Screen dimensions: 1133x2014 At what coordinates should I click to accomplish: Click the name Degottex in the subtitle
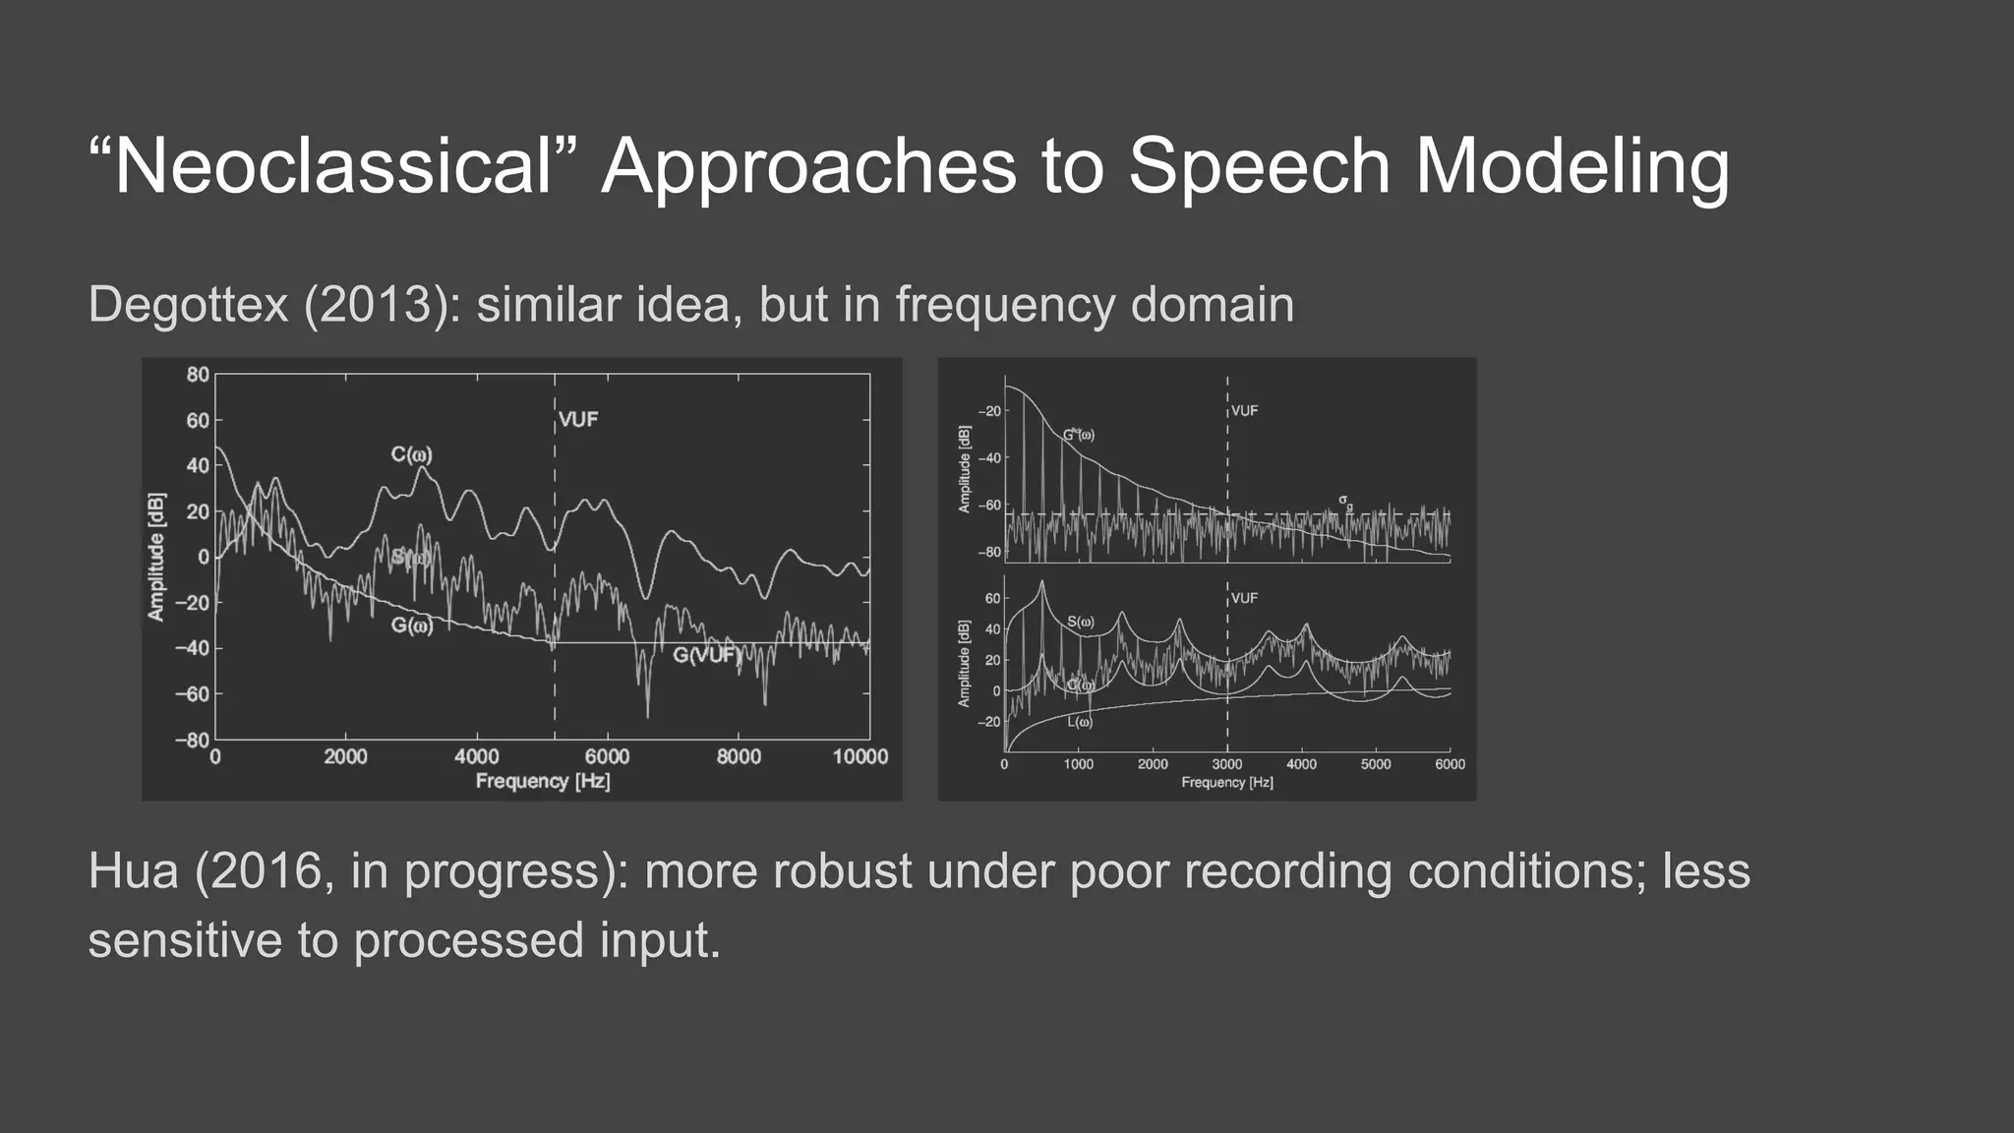tap(188, 304)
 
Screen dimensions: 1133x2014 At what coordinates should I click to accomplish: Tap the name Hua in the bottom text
tap(133, 871)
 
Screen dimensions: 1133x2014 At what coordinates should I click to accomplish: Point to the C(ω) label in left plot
tap(411, 454)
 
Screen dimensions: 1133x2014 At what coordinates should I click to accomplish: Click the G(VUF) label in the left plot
tap(706, 655)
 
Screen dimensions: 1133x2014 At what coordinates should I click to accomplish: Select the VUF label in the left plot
tap(578, 420)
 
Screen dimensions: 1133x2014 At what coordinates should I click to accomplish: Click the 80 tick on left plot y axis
tap(198, 375)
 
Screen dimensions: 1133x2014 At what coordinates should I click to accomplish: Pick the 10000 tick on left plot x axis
tap(860, 756)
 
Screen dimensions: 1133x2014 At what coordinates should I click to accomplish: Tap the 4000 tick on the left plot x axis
tap(476, 756)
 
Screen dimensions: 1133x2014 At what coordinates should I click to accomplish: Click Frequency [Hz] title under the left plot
tap(543, 781)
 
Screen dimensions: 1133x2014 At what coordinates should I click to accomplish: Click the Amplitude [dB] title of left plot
tap(155, 557)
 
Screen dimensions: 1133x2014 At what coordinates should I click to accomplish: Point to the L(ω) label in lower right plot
tap(1080, 723)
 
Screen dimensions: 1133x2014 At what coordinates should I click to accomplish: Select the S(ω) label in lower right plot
tap(1080, 622)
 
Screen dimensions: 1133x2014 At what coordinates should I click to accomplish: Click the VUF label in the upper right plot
tap(1244, 411)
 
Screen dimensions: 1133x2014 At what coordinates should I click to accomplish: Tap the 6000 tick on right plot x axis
tap(1450, 764)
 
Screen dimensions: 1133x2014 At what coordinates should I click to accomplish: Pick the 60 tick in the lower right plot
tap(992, 598)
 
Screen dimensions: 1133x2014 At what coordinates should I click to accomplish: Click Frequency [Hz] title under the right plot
tap(1227, 783)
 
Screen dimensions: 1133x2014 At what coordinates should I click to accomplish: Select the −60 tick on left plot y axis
tap(192, 693)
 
